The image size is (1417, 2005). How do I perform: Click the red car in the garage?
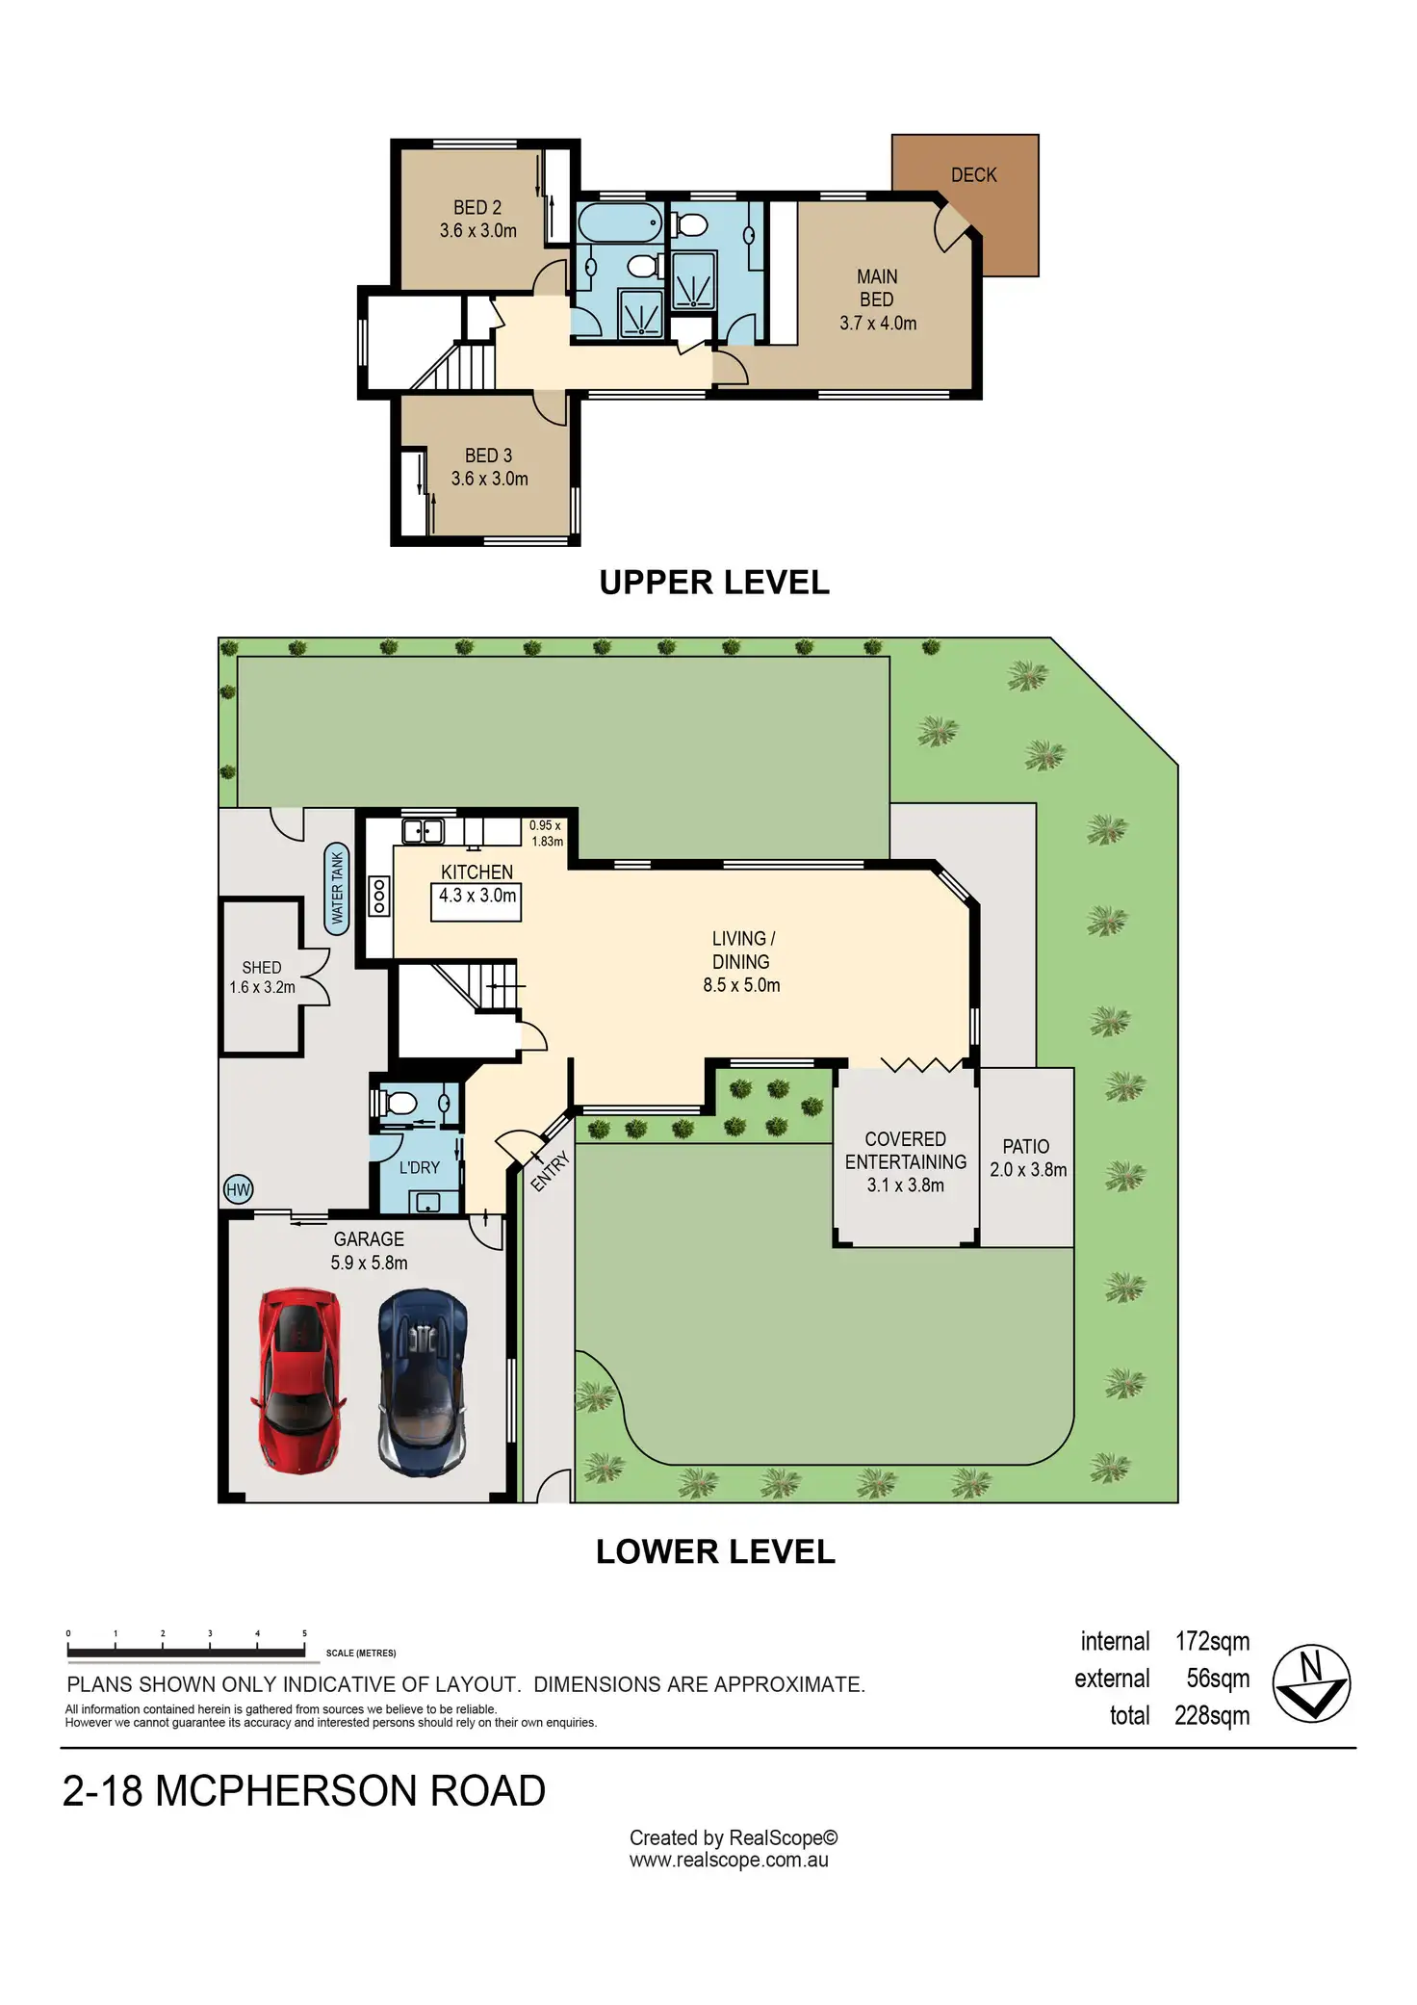(298, 1381)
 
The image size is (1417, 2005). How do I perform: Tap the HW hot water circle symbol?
(238, 1190)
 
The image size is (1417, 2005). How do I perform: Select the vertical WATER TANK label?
(337, 889)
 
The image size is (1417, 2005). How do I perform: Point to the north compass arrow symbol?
(1311, 1684)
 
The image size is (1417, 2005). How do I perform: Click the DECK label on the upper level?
(973, 175)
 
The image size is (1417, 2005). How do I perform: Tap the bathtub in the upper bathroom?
(620, 222)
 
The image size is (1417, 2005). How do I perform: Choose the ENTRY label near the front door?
(550, 1171)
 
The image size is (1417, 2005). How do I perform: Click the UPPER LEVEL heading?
(714, 583)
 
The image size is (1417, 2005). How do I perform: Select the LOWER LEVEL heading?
(715, 1552)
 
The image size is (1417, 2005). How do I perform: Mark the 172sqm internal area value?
(1212, 1642)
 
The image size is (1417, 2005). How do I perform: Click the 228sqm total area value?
(1212, 1716)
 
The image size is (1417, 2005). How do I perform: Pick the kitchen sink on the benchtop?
(423, 830)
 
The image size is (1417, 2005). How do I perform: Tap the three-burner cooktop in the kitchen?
(379, 896)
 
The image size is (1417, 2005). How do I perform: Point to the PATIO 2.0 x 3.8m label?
(1027, 1159)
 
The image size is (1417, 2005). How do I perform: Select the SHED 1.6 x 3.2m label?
(262, 977)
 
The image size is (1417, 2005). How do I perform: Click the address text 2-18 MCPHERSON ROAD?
(304, 1791)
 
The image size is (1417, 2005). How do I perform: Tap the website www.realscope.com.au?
(729, 1861)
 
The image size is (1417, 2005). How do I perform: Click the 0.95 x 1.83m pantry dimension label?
(546, 833)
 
